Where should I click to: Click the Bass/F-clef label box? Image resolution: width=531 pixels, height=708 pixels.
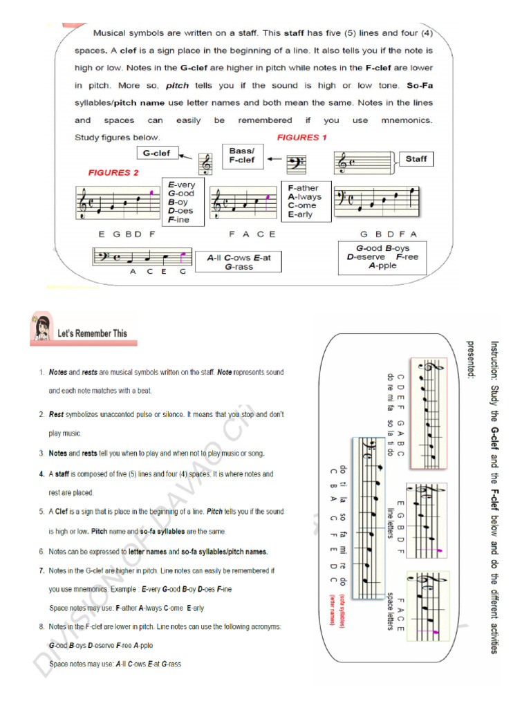tap(242, 155)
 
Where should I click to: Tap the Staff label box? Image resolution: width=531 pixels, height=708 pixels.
tap(416, 159)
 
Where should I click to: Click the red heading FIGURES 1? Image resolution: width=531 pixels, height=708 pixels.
tap(302, 138)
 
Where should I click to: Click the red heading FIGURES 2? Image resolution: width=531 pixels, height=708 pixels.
tap(113, 173)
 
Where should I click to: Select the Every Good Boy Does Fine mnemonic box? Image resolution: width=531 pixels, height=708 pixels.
tap(183, 202)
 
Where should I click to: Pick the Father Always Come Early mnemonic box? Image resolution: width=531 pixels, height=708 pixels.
tap(305, 201)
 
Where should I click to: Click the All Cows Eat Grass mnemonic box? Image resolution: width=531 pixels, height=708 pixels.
tap(239, 262)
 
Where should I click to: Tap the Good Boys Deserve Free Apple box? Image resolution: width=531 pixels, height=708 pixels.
tap(382, 257)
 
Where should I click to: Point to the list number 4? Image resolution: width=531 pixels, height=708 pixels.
tap(41, 475)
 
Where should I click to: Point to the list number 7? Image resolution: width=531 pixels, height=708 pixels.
tap(41, 571)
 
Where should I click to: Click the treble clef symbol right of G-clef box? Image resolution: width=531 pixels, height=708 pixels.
tap(205, 164)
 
